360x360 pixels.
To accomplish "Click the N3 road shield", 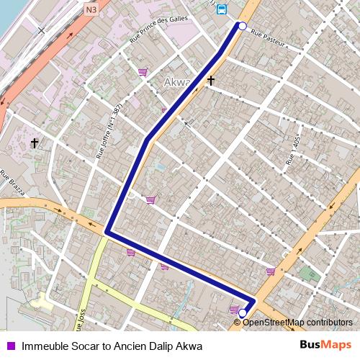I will (x=90, y=10).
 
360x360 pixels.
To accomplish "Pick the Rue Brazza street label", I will (x=13, y=184).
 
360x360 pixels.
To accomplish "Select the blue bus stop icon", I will (x=221, y=9).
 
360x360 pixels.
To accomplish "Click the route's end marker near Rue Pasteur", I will (x=242, y=26).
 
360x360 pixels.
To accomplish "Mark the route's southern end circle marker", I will (x=243, y=313).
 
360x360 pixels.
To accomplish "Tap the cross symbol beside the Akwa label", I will (x=211, y=81).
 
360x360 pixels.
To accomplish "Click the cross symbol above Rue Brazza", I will (x=34, y=143).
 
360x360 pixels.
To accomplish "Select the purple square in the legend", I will (x=11, y=346).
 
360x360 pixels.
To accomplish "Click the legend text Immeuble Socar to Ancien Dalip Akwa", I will (x=112, y=346).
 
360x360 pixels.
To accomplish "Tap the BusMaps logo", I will (x=326, y=346).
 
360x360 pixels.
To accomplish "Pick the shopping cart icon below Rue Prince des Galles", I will (x=143, y=72).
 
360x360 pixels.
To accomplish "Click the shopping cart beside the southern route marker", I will (x=233, y=310).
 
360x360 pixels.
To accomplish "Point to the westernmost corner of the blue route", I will (x=107, y=232).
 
